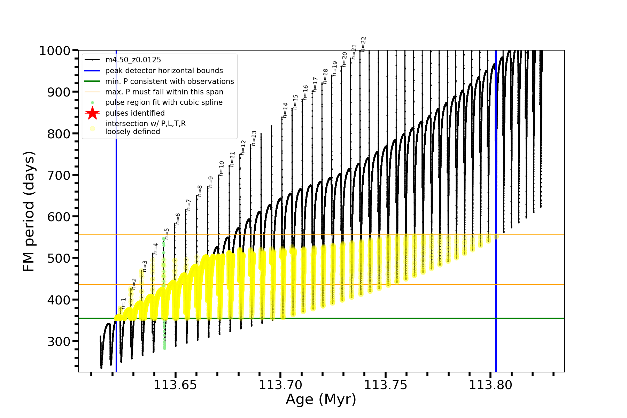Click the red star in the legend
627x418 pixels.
coord(92,113)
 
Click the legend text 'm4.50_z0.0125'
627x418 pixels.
coord(133,60)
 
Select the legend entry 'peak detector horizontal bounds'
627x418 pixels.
coord(164,71)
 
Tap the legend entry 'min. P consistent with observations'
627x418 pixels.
coord(170,82)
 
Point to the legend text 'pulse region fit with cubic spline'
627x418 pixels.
coord(164,102)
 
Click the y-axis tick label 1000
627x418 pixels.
coord(55,51)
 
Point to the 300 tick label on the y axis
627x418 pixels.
coord(59,341)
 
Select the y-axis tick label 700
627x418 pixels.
coord(59,175)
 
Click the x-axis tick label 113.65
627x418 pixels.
coord(175,385)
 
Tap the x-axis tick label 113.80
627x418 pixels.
coord(490,385)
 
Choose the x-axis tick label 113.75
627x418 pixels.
coord(386,385)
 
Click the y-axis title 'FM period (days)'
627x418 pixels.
coord(29,211)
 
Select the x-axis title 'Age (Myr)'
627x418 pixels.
coord(321,400)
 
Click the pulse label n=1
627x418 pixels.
coord(123,303)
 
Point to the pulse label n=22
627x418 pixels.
coord(363,44)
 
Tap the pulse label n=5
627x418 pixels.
coord(167,234)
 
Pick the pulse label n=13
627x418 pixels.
coord(254,138)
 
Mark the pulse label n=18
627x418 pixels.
coord(325,76)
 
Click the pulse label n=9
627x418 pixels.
coord(210,182)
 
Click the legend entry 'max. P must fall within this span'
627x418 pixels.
coord(164,92)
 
